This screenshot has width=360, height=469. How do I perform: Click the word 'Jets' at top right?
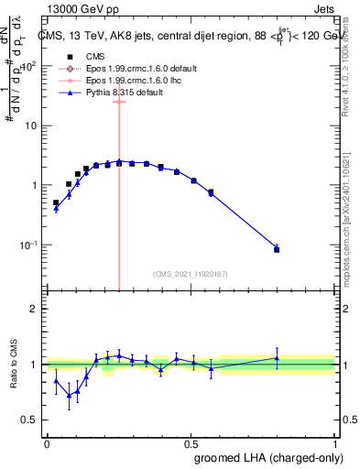tap(322, 9)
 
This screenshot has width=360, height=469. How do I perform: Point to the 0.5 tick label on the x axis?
tap(191, 442)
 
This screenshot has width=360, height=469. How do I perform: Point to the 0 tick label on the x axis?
tap(47, 442)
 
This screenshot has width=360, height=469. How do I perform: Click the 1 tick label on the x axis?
tap(335, 442)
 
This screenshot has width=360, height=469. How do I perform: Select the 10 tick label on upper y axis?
tap(32, 125)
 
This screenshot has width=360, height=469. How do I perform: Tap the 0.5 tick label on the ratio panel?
tap(31, 420)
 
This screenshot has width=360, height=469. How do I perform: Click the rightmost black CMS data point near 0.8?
tap(277, 249)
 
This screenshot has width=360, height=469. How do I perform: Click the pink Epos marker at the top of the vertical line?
tap(119, 102)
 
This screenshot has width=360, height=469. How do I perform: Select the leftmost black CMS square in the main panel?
tap(56, 202)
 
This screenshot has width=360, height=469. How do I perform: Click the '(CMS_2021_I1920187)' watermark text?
tap(190, 274)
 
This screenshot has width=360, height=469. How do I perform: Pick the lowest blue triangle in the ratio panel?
tap(69, 395)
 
